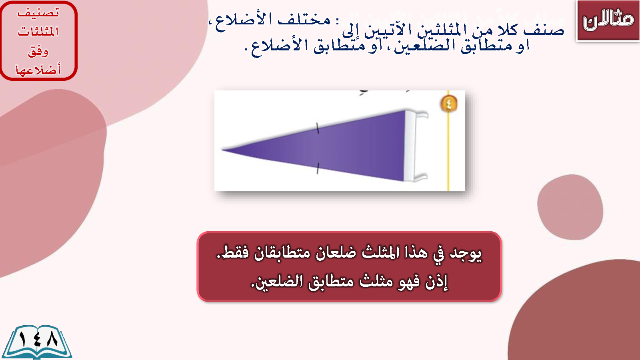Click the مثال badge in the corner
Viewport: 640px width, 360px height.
coord(608,20)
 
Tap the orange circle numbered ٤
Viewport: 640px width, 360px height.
coord(448,104)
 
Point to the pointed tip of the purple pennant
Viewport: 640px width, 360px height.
coord(222,150)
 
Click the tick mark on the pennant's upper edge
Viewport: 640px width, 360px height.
coord(318,128)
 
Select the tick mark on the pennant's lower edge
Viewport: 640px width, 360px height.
coord(318,168)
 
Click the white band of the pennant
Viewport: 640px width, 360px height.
coord(409,146)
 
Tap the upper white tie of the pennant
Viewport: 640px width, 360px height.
coord(421,115)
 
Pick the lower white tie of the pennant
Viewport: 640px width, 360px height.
coord(420,177)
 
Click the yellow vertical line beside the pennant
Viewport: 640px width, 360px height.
coord(448,140)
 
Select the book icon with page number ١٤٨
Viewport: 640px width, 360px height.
coord(37,342)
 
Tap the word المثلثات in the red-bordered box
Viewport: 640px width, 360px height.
coord(38,31)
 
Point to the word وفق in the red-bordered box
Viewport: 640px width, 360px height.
coord(38,52)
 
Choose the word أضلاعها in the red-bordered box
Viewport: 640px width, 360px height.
coord(38,70)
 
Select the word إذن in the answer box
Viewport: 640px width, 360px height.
coord(436,282)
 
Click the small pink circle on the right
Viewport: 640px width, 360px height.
coord(570,207)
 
